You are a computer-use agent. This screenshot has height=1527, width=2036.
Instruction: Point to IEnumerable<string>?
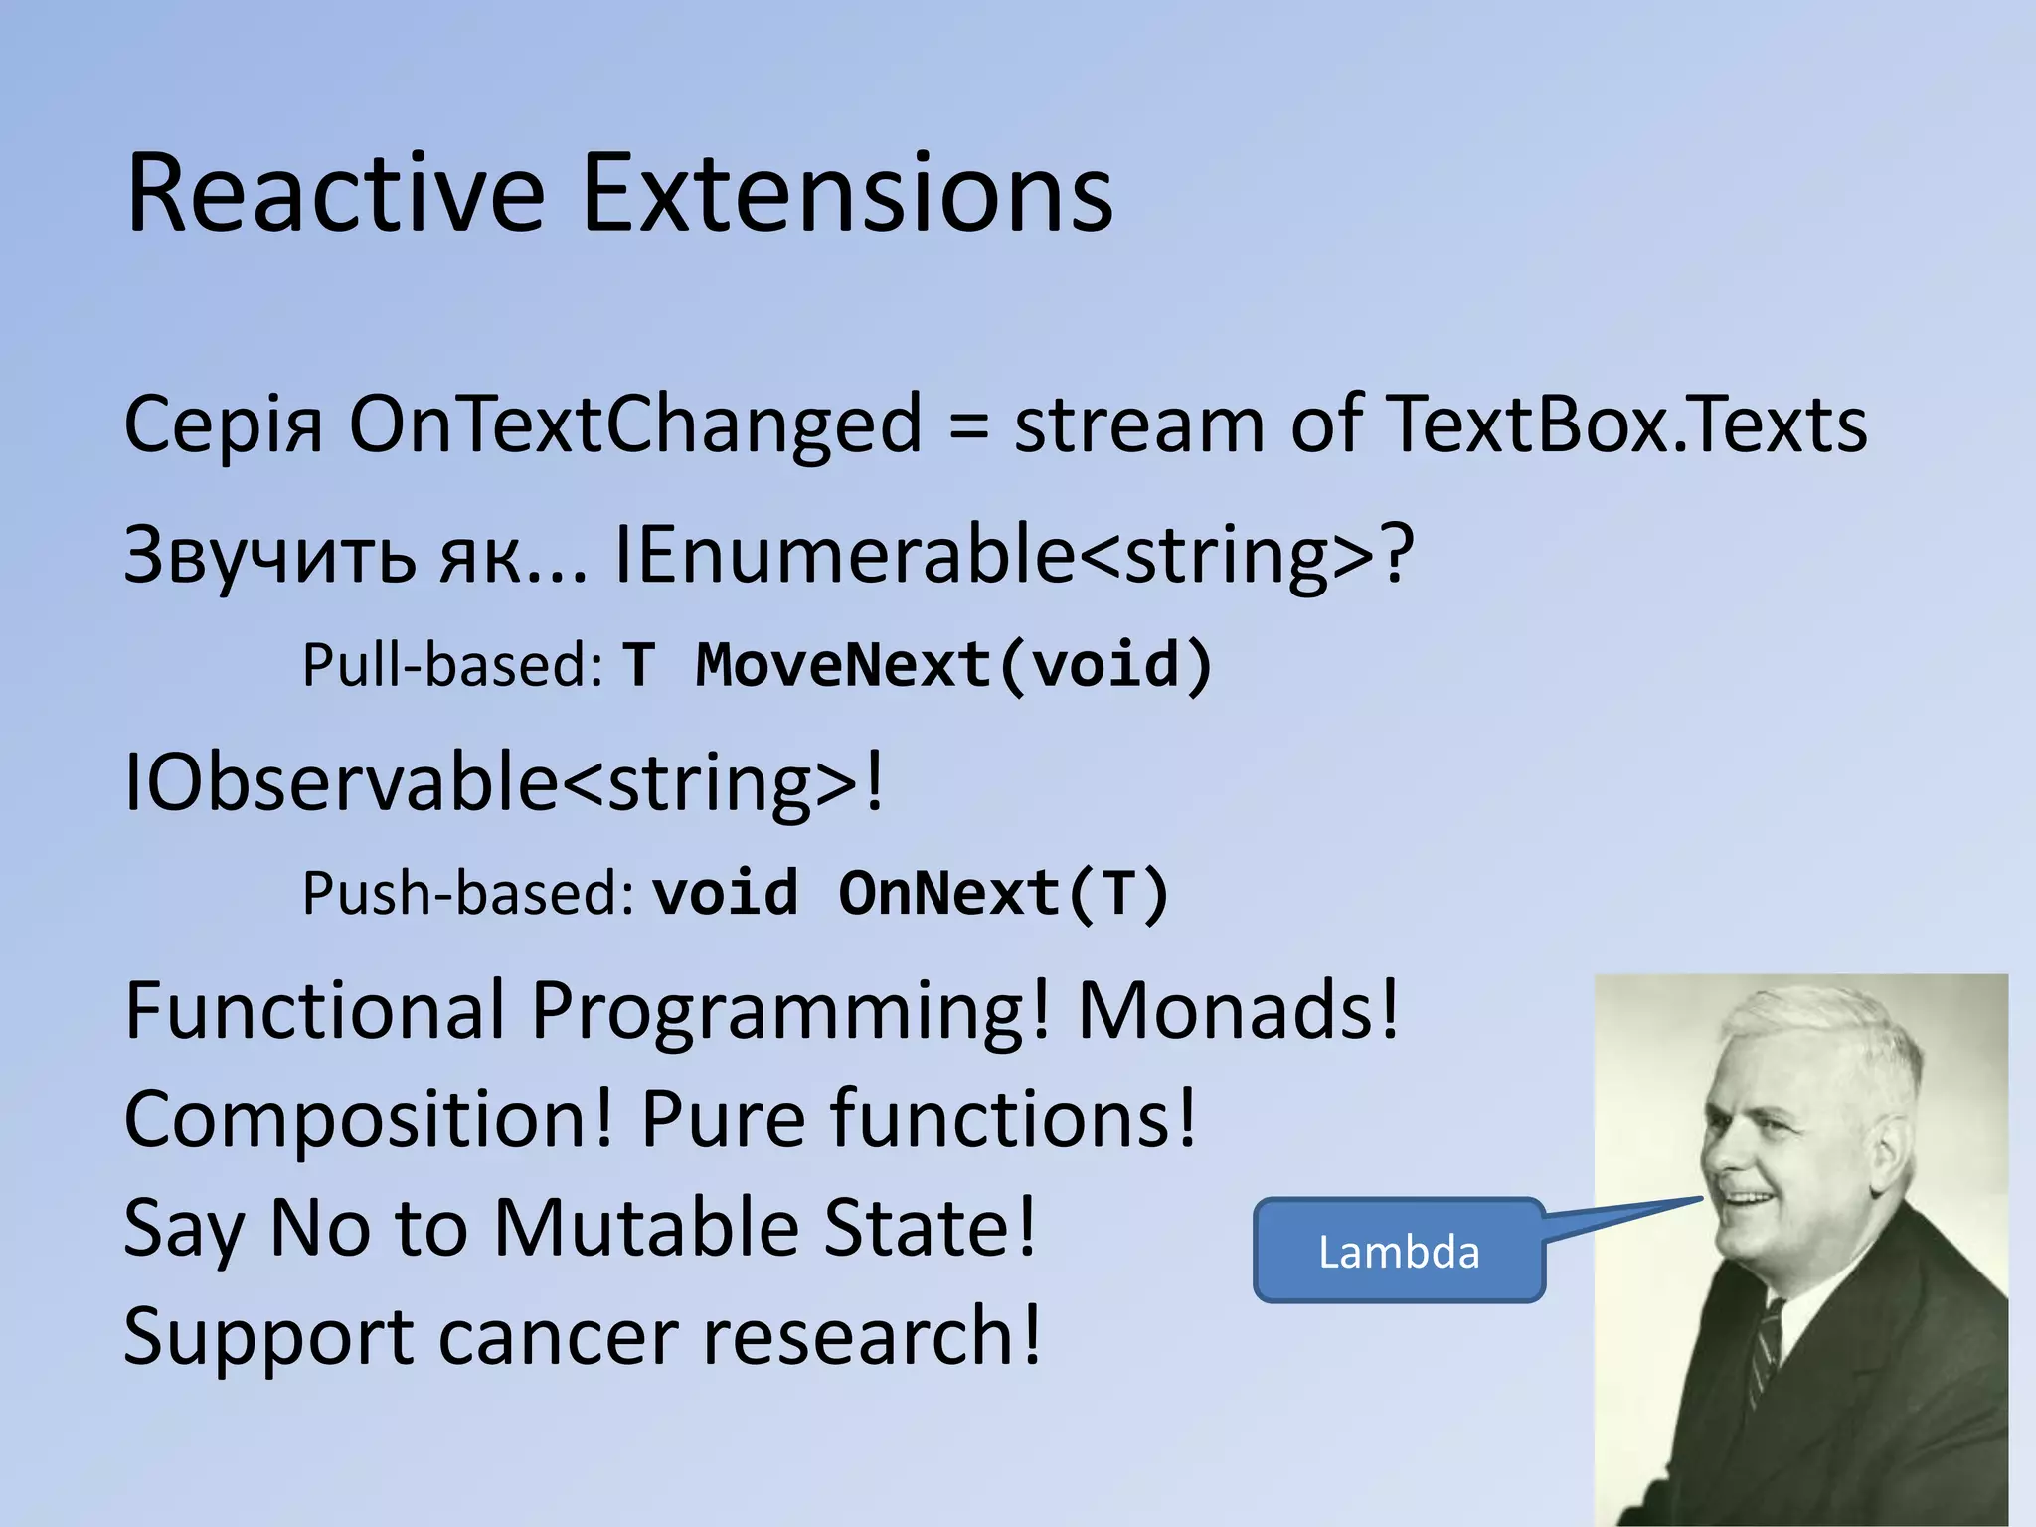click(1014, 555)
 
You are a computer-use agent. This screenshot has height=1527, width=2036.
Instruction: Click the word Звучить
click(269, 557)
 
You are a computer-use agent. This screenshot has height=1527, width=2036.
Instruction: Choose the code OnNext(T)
click(1003, 893)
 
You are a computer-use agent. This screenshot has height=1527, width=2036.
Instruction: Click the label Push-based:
click(467, 893)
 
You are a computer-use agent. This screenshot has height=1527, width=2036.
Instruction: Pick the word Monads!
click(1239, 1010)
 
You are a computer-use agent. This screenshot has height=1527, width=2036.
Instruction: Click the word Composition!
click(369, 1119)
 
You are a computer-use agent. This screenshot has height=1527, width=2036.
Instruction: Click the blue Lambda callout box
click(1398, 1251)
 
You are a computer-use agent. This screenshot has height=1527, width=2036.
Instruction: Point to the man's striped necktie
click(1765, 1352)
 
